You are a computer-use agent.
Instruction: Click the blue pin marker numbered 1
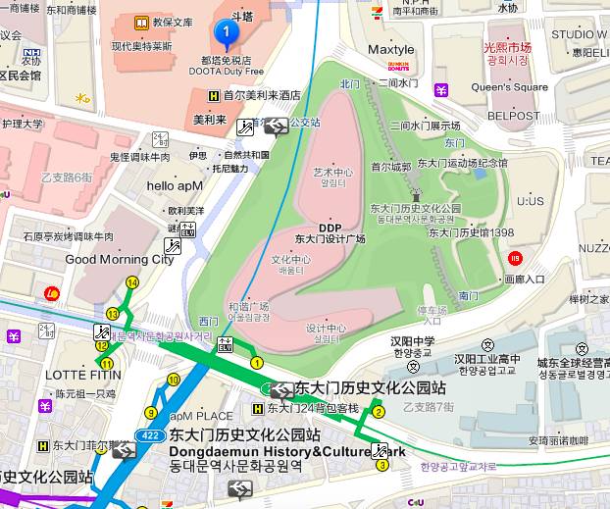[x=228, y=35]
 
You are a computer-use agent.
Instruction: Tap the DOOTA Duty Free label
[x=227, y=72]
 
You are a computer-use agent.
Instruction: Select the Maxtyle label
[x=391, y=49]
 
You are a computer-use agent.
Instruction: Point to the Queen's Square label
[x=510, y=87]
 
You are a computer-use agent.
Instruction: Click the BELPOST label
[x=514, y=115]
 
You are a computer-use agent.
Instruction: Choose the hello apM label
[x=175, y=185]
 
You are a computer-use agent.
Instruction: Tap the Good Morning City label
[x=119, y=260]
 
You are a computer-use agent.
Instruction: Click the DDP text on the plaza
[x=330, y=227]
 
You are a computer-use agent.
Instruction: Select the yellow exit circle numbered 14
[x=131, y=282]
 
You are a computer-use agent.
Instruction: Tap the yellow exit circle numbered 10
[x=174, y=380]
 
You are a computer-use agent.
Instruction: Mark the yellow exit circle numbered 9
[x=150, y=413]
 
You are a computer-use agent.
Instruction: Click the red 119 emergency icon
[x=516, y=258]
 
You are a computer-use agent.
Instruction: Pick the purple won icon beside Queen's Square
[x=443, y=91]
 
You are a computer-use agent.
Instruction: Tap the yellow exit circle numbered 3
[x=381, y=464]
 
